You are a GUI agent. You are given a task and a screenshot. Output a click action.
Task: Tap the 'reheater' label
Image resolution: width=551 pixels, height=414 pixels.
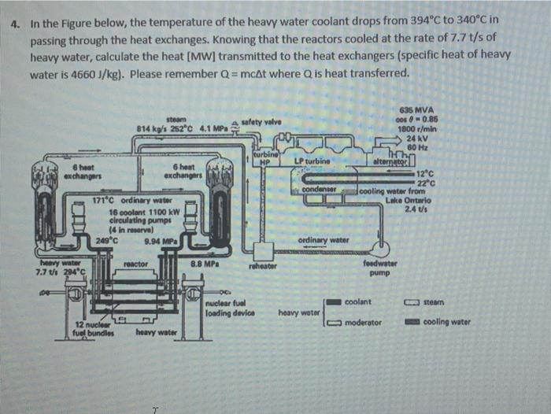258,266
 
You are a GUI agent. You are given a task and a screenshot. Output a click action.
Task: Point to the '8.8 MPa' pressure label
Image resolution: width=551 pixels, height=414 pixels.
205,264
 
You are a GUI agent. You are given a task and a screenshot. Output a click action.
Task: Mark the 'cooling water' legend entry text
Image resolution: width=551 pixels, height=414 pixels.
446,322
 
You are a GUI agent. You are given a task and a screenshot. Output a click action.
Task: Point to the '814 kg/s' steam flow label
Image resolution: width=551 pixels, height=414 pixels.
150,128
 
